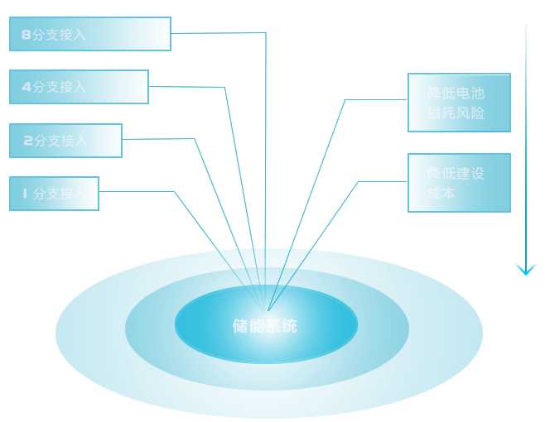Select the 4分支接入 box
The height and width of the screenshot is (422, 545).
(79, 87)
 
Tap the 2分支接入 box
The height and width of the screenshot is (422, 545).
(65, 141)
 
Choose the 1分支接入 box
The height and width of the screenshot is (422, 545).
(54, 194)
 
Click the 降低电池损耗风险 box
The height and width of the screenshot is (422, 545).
(459, 103)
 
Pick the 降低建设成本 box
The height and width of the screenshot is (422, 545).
(459, 183)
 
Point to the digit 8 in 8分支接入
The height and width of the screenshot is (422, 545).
(26, 35)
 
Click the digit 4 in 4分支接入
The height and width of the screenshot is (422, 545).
(26, 87)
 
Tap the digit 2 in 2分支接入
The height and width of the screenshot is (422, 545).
(28, 141)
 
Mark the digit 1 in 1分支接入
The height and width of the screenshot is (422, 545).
(24, 194)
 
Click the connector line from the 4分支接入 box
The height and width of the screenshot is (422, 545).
(160, 86)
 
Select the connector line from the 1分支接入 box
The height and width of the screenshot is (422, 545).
(134, 192)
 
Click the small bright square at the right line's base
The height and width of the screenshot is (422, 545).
(526, 269)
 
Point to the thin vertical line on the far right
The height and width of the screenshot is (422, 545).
(526, 141)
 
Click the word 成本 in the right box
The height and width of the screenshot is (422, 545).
(441, 194)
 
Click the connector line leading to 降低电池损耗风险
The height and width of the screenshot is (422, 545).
(375, 100)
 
